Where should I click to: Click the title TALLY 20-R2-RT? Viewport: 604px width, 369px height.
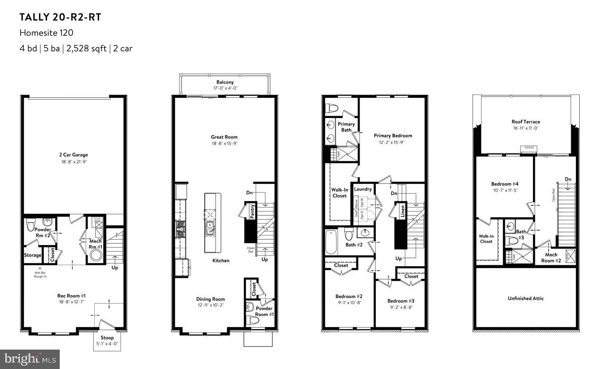click(60, 17)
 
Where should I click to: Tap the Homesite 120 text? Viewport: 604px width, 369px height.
click(46, 33)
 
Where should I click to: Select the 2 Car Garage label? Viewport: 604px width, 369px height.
click(73, 155)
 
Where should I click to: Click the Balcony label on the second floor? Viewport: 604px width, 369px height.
click(225, 82)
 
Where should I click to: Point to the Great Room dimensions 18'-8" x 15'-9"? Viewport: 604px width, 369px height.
click(224, 144)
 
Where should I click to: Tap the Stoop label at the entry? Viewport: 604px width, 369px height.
click(107, 338)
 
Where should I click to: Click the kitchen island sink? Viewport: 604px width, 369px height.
click(210, 228)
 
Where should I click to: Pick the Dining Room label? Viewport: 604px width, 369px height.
click(210, 299)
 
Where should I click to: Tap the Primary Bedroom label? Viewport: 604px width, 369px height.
click(393, 136)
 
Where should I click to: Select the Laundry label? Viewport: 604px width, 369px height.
click(363, 189)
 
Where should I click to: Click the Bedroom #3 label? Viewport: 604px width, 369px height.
click(401, 301)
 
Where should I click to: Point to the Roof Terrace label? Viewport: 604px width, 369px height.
click(526, 122)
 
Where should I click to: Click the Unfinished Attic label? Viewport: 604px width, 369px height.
click(526, 298)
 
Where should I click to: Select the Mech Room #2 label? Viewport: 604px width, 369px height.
click(551, 258)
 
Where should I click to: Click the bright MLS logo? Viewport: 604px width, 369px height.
click(30, 359)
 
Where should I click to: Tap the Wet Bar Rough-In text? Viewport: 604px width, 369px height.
click(40, 274)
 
